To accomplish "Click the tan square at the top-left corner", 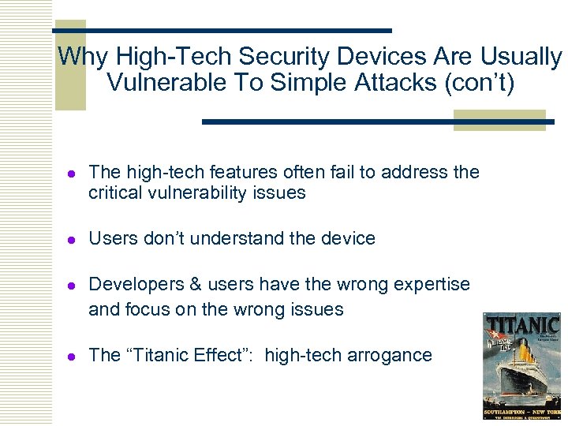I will pos(70,65).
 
